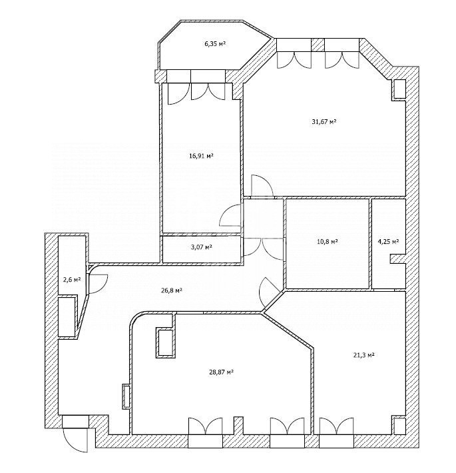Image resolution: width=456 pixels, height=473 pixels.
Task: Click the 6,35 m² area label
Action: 215,44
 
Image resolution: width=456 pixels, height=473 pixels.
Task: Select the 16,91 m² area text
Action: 201,156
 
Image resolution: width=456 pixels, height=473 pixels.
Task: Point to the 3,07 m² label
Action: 201,247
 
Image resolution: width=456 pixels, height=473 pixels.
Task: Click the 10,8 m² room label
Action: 327,241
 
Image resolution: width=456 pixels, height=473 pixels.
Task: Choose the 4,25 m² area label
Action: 389,241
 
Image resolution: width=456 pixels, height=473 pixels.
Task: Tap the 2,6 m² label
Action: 72,280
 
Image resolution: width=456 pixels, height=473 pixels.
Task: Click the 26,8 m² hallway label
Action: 171,290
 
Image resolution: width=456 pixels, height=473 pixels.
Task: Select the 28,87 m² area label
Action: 222,372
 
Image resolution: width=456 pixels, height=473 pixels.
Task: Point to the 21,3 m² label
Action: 363,354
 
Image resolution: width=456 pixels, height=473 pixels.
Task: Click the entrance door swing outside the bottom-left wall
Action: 75,440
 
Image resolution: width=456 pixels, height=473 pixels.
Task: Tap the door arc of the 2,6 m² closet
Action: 99,284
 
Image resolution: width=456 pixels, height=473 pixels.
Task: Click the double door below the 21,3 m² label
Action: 336,426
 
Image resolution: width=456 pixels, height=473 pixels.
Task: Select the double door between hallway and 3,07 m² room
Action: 264,248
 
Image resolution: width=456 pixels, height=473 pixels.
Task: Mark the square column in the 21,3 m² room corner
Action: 399,425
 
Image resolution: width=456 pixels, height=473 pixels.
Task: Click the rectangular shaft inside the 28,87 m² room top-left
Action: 165,342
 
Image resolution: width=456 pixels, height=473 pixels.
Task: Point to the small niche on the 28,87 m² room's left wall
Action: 126,396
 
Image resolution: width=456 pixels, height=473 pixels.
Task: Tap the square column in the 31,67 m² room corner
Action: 399,89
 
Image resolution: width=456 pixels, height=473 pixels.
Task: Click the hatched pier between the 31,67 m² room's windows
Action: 318,45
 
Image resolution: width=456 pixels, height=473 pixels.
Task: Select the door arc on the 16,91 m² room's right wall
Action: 231,215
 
